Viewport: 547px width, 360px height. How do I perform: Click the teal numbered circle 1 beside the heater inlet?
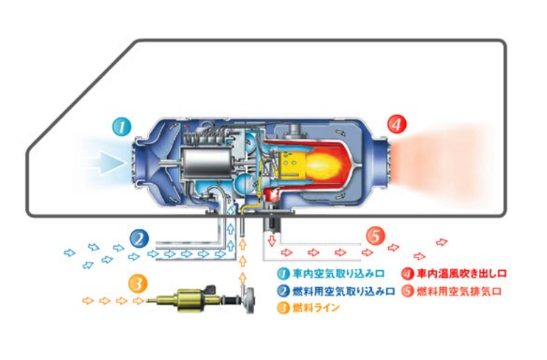tap(122, 126)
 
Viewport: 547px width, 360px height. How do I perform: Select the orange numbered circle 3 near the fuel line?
tap(139, 284)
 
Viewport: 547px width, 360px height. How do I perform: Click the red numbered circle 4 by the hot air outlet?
tap(397, 125)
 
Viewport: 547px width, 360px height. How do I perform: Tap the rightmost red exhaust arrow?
tap(441, 243)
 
